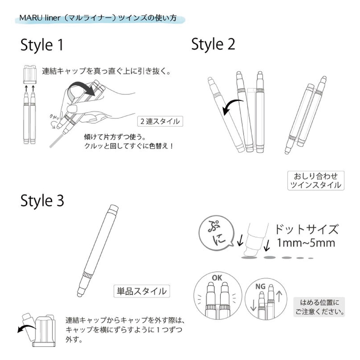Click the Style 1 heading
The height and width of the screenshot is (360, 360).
pyautogui.click(x=42, y=45)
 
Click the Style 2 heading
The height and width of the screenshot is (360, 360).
pyautogui.click(x=213, y=44)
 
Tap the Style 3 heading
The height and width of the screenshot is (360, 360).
pyautogui.click(x=42, y=201)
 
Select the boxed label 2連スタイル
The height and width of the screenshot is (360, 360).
pyautogui.click(x=160, y=121)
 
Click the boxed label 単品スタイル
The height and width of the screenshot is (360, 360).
pyautogui.click(x=142, y=291)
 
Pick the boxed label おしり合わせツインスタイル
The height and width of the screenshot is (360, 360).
pyautogui.click(x=316, y=180)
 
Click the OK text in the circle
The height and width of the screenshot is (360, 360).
pyautogui.click(x=217, y=278)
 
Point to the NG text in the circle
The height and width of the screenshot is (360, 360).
pyautogui.click(x=261, y=287)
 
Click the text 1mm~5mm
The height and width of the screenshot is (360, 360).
pyautogui.click(x=306, y=243)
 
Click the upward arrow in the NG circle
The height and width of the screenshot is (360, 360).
pyautogui.click(x=279, y=296)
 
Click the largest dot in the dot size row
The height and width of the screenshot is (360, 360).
pyautogui.click(x=249, y=258)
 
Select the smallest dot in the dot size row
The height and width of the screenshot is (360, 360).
pyautogui.click(x=311, y=258)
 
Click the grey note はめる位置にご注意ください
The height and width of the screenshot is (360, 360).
pyautogui.click(x=319, y=307)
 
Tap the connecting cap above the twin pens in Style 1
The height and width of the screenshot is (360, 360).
pyautogui.click(x=30, y=75)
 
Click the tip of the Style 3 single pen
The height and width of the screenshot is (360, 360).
pyautogui.click(x=79, y=295)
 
